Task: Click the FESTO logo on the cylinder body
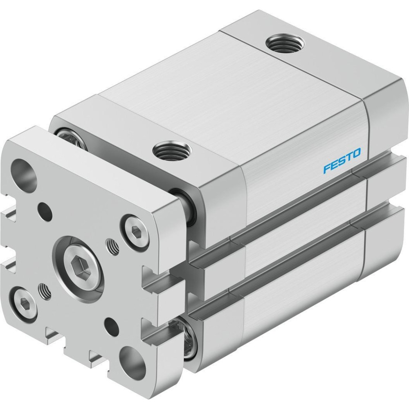coord(342,160)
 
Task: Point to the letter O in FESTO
coord(356,153)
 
